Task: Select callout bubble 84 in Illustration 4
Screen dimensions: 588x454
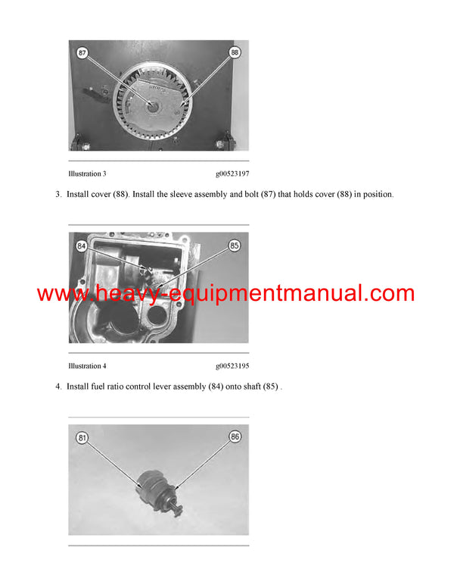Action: (82, 246)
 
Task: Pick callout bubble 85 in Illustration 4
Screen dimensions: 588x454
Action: (234, 246)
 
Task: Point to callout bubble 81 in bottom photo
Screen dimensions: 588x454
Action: (82, 438)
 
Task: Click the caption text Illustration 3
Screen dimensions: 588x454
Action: (87, 174)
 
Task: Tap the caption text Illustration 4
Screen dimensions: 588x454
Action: (87, 366)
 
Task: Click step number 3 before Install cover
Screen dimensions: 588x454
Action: (58, 195)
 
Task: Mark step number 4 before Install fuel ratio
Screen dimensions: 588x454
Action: (58, 387)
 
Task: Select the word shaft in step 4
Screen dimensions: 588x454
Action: (247, 387)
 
